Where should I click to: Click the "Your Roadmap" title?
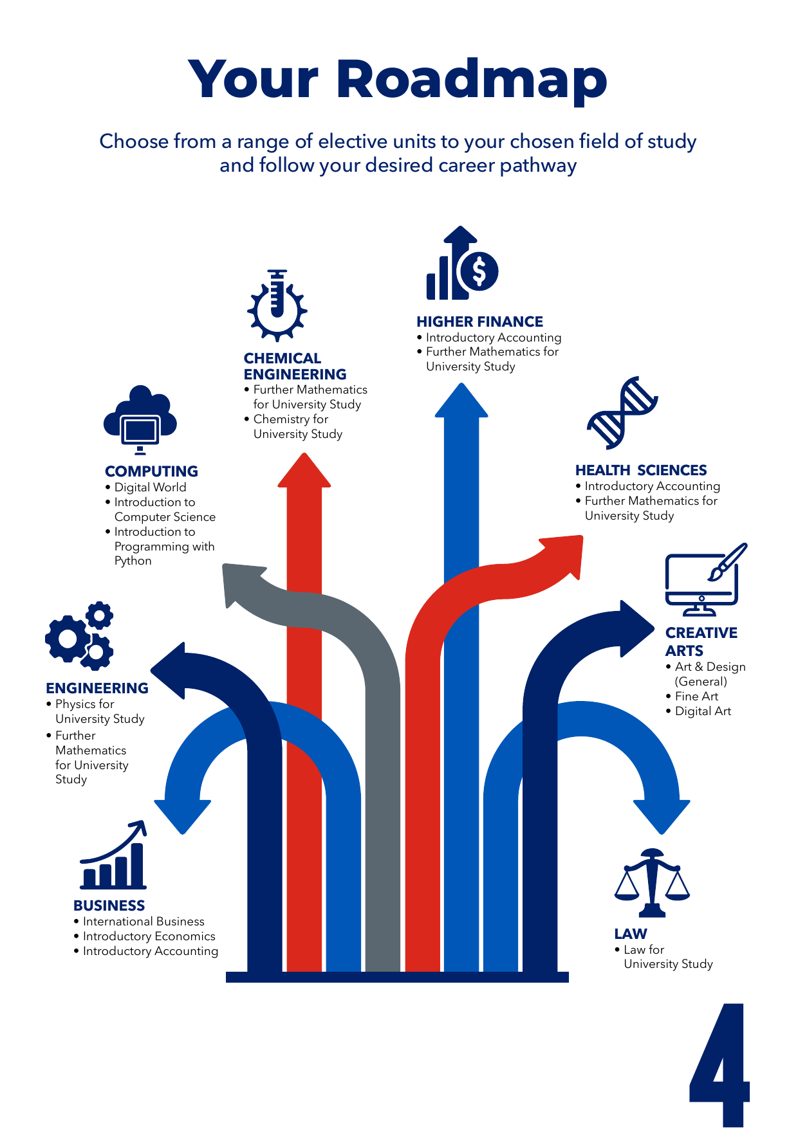click(398, 80)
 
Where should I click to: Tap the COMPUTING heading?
click(151, 471)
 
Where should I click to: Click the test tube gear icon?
click(277, 305)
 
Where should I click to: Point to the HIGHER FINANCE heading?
click(479, 322)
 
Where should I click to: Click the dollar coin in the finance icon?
click(479, 271)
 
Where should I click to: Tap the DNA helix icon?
click(622, 413)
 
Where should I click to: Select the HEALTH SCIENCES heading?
click(641, 470)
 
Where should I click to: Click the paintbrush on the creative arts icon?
click(727, 561)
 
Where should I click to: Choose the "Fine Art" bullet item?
click(696, 696)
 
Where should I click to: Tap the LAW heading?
click(631, 934)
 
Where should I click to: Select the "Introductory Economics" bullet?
click(149, 936)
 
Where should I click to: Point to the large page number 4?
click(719, 1064)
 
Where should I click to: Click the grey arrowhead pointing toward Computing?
click(241, 582)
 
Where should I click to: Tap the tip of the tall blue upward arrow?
click(461, 383)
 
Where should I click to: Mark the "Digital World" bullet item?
click(150, 487)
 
